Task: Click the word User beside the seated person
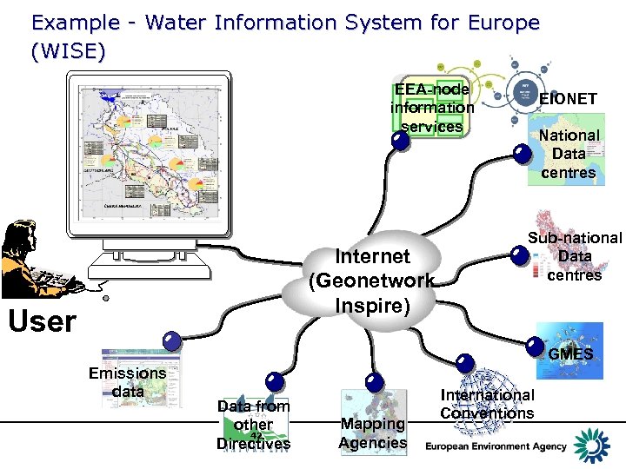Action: [x=42, y=320]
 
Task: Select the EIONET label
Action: [x=568, y=99]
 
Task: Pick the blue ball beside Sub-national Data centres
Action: [x=520, y=255]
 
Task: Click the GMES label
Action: [x=570, y=354]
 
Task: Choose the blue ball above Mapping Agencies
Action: [x=375, y=380]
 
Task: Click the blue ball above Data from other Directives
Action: [x=276, y=381]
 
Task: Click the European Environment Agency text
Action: [x=496, y=446]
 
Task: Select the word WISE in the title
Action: [x=68, y=52]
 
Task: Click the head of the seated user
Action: [x=23, y=234]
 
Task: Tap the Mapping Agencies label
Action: [x=372, y=433]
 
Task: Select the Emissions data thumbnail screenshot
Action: [x=140, y=378]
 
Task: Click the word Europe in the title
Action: [x=503, y=23]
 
